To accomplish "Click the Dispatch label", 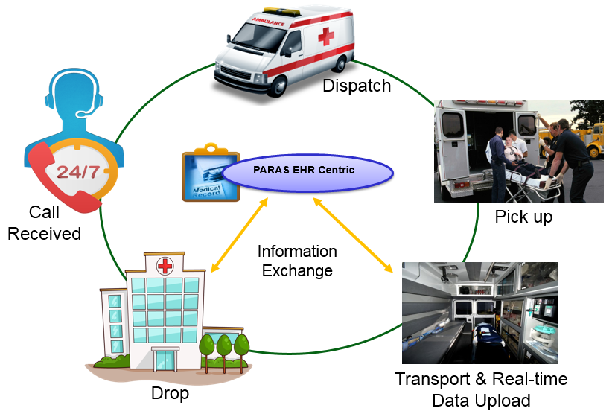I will [x=356, y=86].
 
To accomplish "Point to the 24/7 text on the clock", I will [x=77, y=171].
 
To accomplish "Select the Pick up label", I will [x=523, y=217].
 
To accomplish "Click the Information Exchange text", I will [x=297, y=261].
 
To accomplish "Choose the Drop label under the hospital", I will [x=170, y=392].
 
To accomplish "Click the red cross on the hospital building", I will [x=165, y=265].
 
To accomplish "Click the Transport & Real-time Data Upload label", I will [x=480, y=389].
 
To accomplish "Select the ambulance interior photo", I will [x=479, y=312].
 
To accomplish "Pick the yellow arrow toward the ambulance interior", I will [x=354, y=235].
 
